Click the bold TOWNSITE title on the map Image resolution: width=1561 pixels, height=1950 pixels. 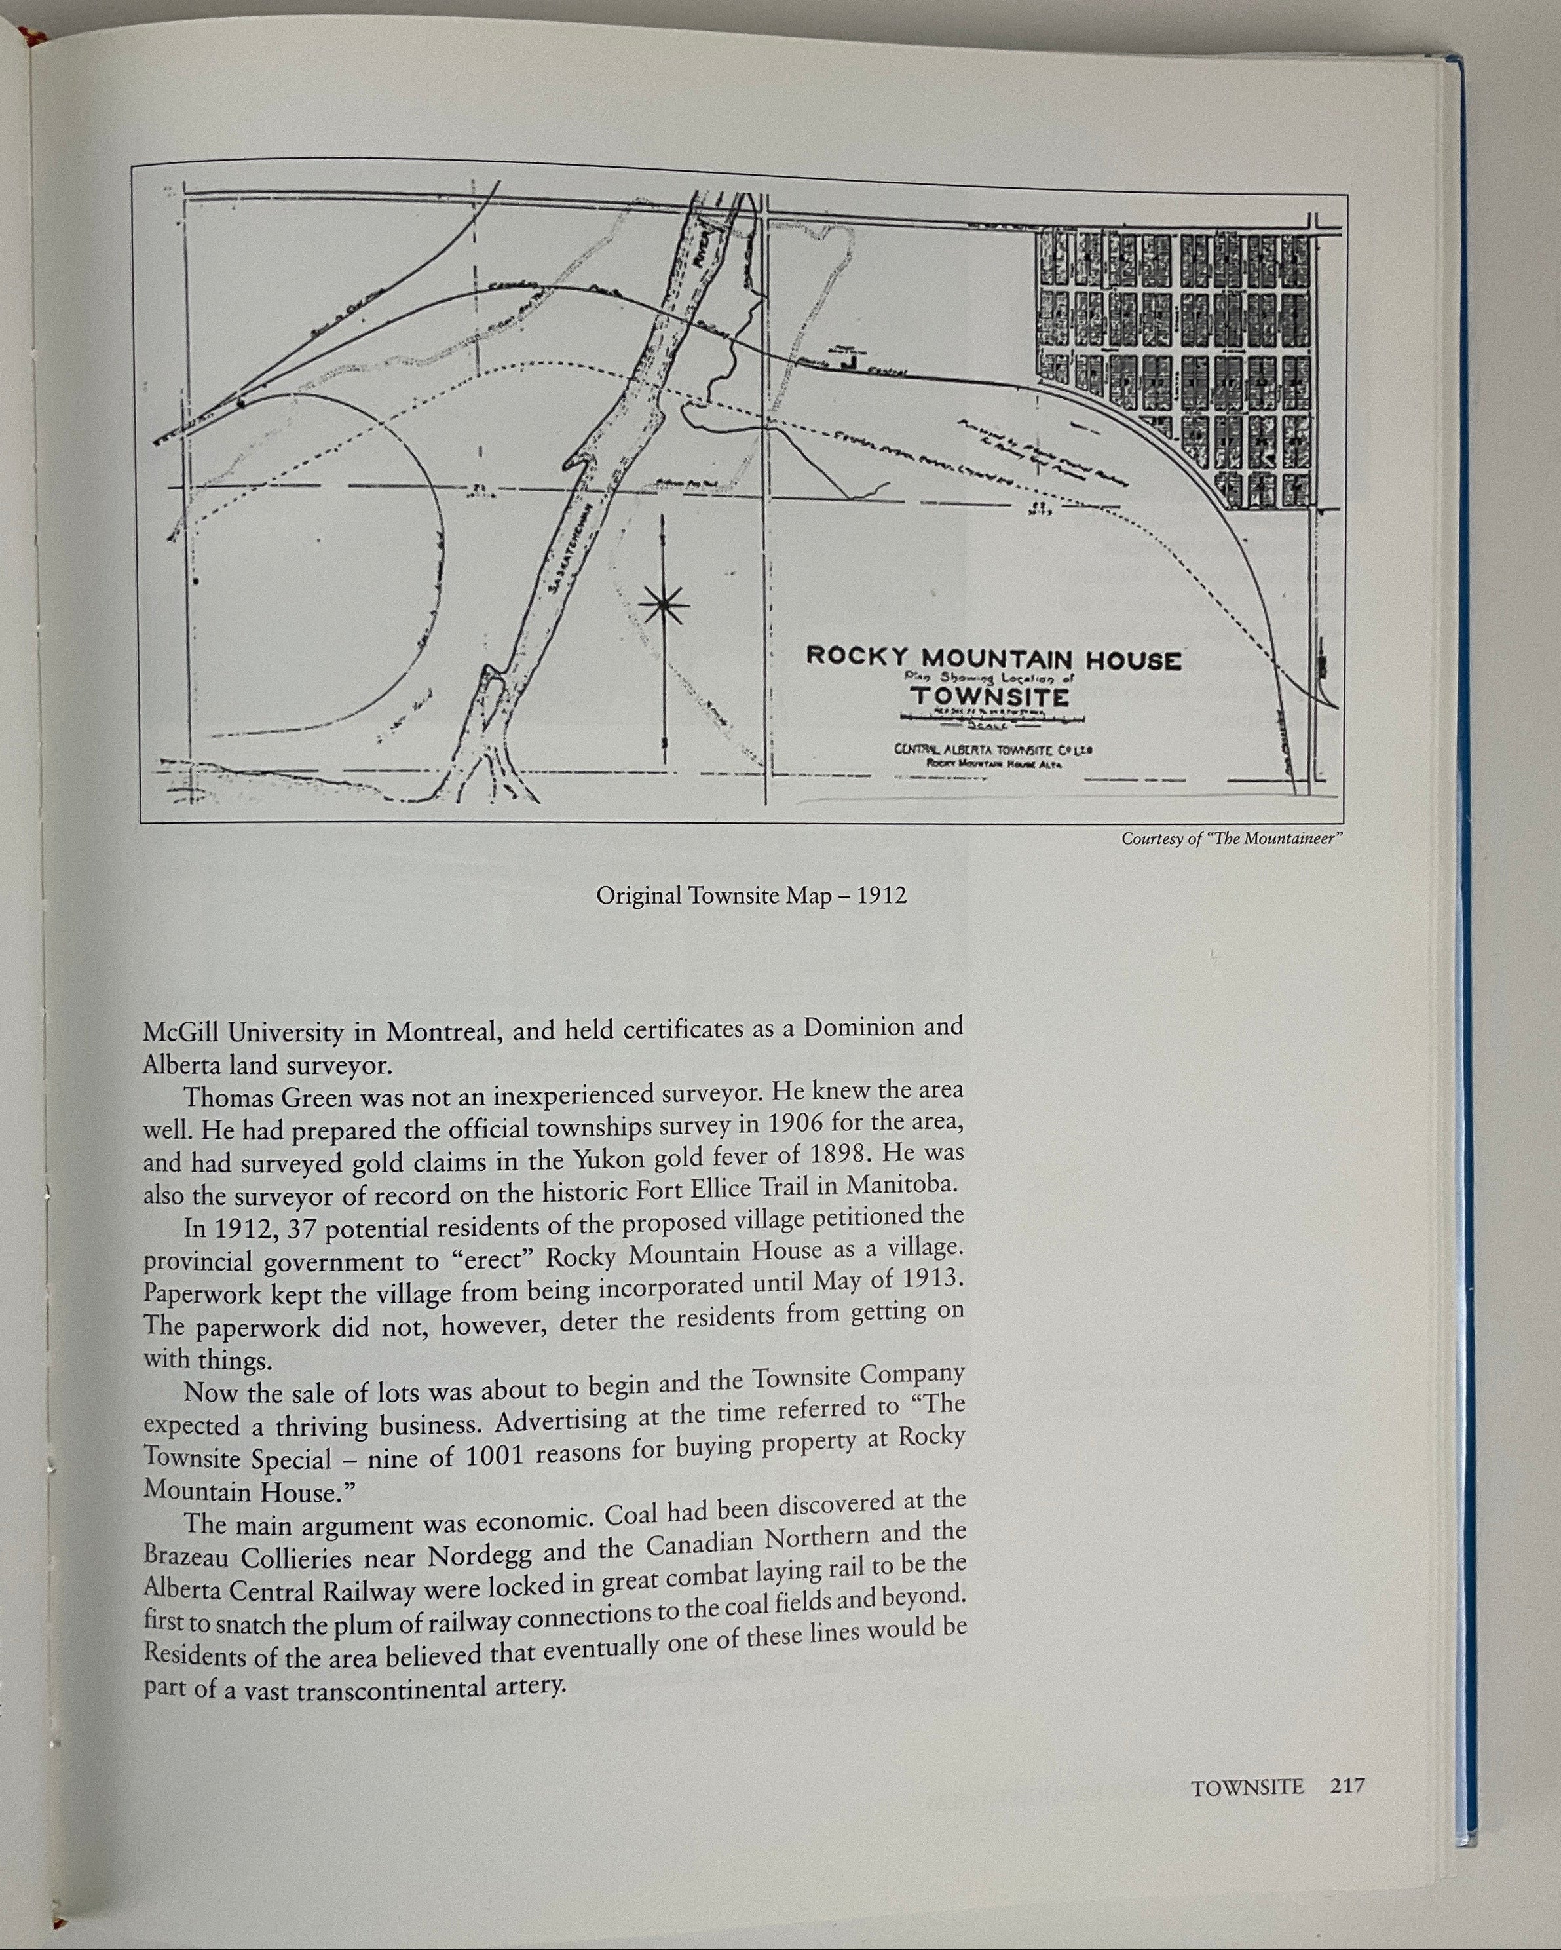[x=989, y=697]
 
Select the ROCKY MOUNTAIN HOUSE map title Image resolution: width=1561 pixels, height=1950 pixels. [x=993, y=658]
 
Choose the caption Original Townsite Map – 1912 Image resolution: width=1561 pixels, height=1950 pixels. [x=751, y=896]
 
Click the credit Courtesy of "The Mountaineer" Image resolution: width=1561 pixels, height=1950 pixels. [x=1231, y=839]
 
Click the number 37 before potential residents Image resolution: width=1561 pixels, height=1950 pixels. [x=280, y=1229]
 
